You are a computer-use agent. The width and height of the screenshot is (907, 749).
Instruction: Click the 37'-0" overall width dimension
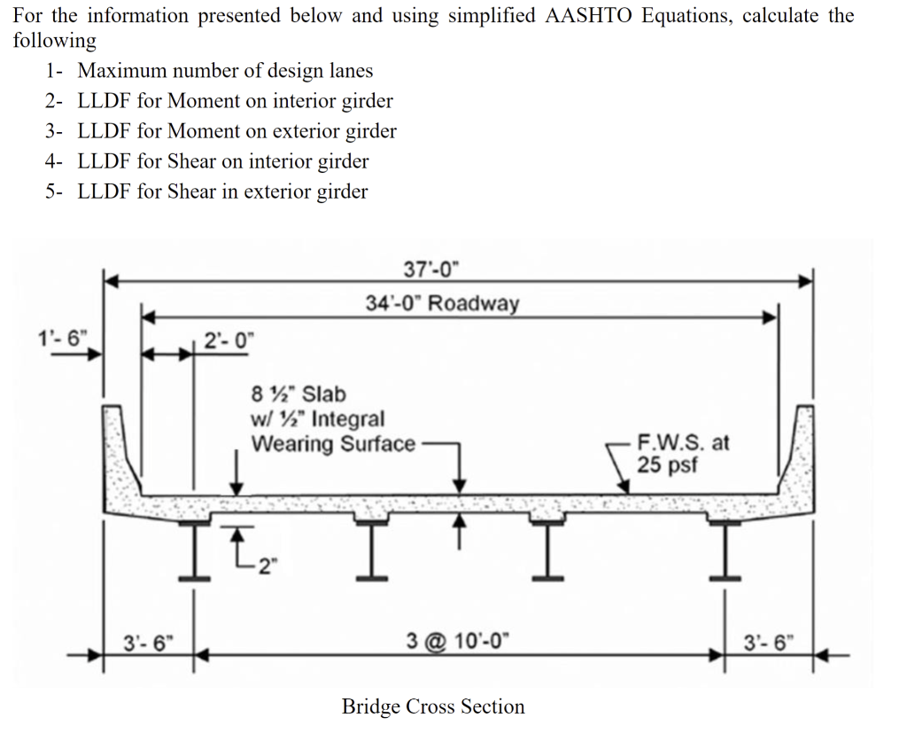tap(430, 269)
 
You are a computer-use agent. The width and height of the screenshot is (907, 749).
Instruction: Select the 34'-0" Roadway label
tap(442, 303)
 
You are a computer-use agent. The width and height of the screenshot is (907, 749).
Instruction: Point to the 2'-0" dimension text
tap(229, 339)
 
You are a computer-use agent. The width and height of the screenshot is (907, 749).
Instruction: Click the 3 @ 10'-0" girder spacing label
tap(458, 641)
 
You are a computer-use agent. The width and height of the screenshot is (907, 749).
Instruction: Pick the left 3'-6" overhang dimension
tap(148, 643)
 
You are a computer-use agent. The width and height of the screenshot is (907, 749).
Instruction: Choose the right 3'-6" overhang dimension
tap(769, 643)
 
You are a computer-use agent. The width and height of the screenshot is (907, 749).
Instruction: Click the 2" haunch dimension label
tap(267, 566)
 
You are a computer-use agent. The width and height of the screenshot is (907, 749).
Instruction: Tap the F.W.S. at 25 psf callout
tap(683, 453)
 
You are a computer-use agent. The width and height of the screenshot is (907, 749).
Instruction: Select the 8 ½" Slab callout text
tap(298, 394)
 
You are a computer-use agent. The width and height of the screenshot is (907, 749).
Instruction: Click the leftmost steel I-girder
tap(194, 550)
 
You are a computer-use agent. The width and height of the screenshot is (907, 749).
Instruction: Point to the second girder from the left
tap(371, 550)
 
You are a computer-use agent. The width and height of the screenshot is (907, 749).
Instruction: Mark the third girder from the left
tap(547, 550)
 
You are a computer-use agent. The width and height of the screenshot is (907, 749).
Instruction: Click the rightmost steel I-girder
tap(725, 550)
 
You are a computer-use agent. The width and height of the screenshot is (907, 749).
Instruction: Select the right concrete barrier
tap(798, 457)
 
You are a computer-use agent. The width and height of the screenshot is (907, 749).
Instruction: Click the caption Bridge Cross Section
tap(433, 706)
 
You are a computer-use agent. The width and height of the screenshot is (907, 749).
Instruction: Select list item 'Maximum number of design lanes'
tap(225, 71)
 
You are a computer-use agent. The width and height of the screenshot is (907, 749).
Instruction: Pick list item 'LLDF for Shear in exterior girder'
tap(222, 191)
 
